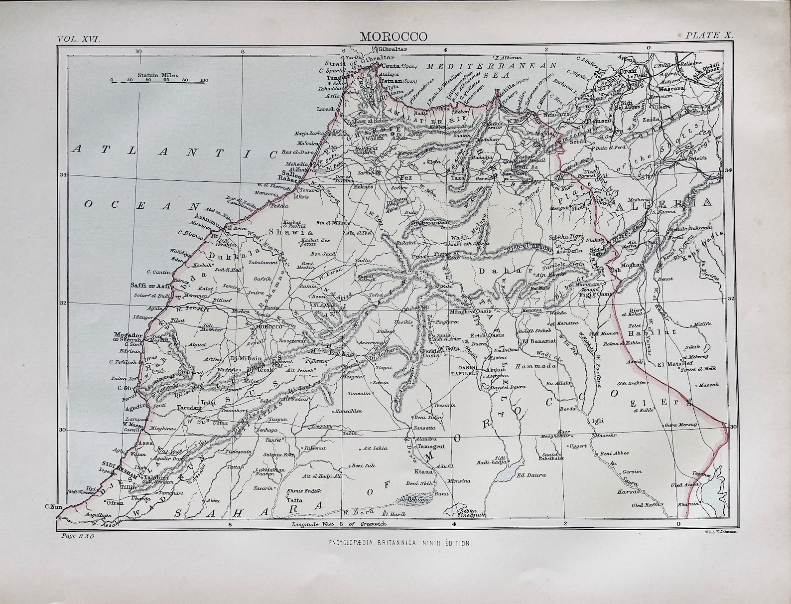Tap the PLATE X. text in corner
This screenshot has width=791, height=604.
click(709, 35)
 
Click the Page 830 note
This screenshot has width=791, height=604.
click(78, 536)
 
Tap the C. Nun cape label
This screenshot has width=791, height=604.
click(52, 507)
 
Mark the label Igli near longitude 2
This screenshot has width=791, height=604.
click(597, 421)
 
